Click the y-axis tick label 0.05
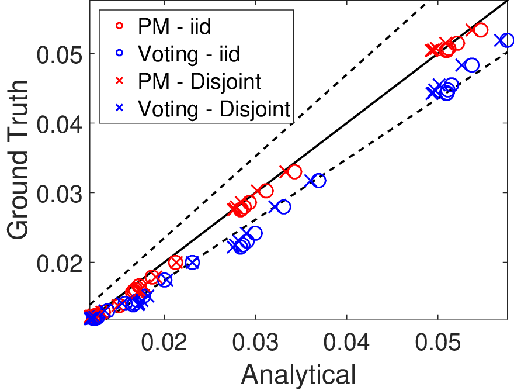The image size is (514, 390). pos(59,54)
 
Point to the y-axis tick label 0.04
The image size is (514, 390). pos(59,124)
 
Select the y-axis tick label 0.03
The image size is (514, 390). pos(59,194)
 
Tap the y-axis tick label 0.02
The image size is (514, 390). pos(59,263)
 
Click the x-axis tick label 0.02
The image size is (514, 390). pos(164,342)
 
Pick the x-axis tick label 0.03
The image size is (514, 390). pos(255,342)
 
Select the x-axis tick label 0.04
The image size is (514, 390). pos(346,342)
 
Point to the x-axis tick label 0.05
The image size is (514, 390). pos(437,342)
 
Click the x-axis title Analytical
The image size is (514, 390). pos(298,375)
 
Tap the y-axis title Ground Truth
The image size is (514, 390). pos(18,160)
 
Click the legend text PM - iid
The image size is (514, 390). pos(175,26)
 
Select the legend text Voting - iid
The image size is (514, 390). pos(189,54)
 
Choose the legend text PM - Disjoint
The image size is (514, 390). pos(200,81)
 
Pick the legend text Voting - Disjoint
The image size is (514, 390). pos(214,108)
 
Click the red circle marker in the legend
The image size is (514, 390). pos(120,26)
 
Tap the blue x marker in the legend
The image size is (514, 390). pos(120,108)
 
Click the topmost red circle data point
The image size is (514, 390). pos(481,30)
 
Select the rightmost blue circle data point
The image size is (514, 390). pos(507,40)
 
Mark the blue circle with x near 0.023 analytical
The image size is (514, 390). pos(192,263)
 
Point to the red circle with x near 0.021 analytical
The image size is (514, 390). pos(176,263)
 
